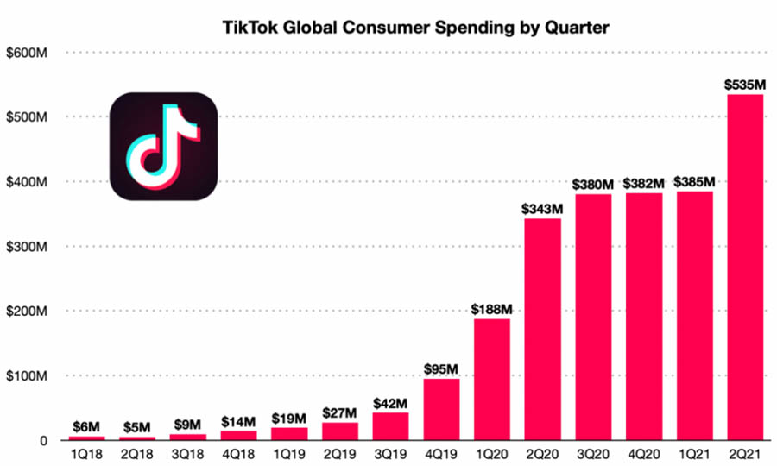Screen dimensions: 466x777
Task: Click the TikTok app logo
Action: (164, 147)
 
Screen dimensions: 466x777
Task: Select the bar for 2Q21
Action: (745, 268)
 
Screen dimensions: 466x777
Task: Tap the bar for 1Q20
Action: (491, 380)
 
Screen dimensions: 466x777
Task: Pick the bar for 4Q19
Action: (440, 410)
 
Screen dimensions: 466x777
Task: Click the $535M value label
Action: (745, 85)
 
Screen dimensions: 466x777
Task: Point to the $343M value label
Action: (542, 209)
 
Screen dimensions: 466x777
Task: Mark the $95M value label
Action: (440, 369)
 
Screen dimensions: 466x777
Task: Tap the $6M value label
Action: (86, 427)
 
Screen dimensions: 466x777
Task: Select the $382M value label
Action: (644, 184)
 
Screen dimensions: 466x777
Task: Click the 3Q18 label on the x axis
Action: (187, 453)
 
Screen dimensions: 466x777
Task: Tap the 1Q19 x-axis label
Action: (289, 453)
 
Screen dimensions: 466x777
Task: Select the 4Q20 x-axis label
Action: (644, 453)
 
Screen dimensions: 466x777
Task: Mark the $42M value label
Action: (390, 403)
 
